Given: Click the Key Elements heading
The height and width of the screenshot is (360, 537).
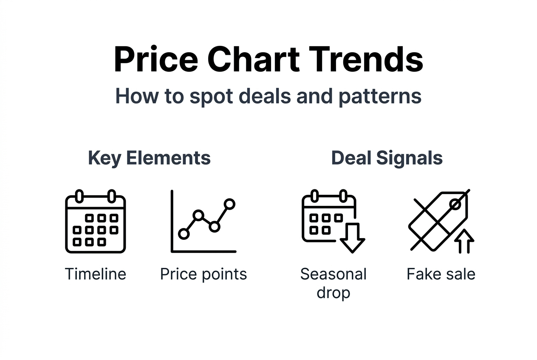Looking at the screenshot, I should (x=149, y=158).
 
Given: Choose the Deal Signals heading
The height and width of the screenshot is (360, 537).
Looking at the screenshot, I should (x=387, y=158).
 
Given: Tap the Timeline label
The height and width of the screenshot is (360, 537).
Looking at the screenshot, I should (x=95, y=274).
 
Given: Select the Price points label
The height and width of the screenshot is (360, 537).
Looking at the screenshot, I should (x=203, y=274).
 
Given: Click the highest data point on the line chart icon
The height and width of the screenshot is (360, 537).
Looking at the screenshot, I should (x=229, y=204).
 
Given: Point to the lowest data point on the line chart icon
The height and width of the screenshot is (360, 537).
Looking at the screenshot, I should (x=184, y=233).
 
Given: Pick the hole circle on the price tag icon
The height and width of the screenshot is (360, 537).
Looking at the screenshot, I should (x=455, y=205).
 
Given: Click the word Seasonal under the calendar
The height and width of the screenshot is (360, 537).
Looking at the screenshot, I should (x=333, y=274).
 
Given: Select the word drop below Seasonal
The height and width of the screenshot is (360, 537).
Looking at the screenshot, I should (x=333, y=292).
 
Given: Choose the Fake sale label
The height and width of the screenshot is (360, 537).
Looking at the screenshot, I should (x=441, y=274).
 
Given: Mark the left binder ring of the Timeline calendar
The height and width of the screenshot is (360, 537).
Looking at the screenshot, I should (x=79, y=197).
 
